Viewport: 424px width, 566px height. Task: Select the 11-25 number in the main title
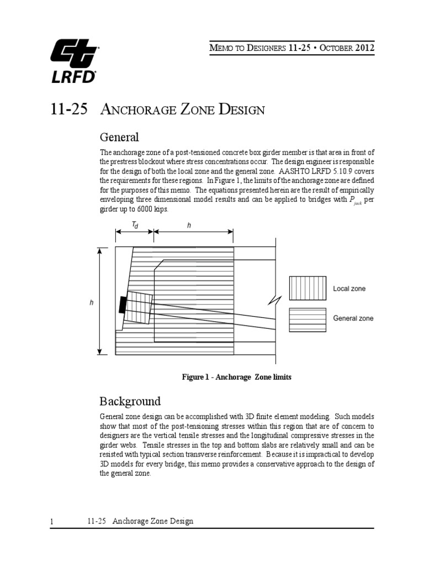click(x=68, y=109)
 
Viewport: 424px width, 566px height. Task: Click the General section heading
click(x=119, y=137)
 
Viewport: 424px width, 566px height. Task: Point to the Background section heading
click(x=130, y=401)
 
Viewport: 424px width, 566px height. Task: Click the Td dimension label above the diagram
click(x=134, y=224)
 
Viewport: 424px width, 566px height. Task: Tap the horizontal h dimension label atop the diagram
click(x=189, y=224)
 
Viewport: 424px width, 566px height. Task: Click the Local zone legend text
click(x=349, y=289)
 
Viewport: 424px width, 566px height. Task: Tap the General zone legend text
click(x=353, y=318)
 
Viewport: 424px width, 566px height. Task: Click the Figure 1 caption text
click(x=236, y=377)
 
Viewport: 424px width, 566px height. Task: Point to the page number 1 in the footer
click(x=51, y=521)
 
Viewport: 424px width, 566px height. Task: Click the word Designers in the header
click(x=257, y=48)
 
